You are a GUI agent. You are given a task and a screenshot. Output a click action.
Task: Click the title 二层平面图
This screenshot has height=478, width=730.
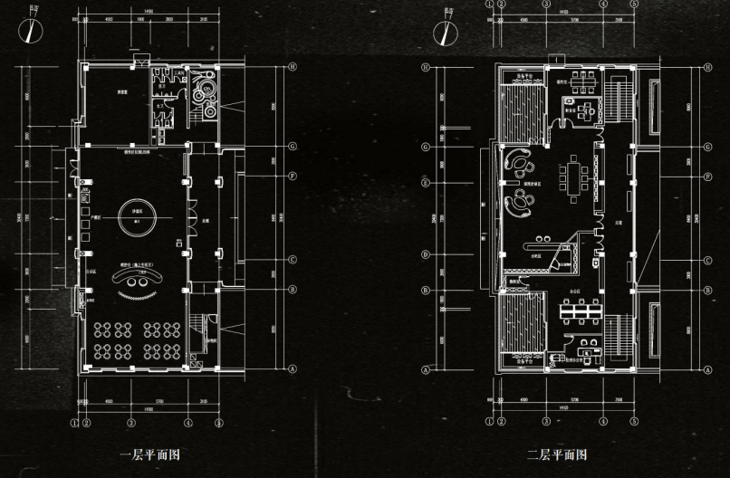(x=556, y=454)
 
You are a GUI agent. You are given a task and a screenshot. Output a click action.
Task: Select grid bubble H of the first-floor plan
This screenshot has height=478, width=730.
(x=293, y=67)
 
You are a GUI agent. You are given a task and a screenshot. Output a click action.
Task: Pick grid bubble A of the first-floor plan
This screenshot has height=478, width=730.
(x=293, y=368)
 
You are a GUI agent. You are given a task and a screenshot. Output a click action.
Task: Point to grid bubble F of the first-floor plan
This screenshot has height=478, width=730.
(x=293, y=175)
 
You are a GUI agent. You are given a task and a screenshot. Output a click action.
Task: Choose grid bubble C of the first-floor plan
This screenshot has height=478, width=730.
(x=293, y=259)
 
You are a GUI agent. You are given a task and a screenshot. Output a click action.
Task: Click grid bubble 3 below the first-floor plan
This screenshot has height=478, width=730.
(x=131, y=422)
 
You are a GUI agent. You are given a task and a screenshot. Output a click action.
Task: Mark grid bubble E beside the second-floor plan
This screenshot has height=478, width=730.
(x=425, y=182)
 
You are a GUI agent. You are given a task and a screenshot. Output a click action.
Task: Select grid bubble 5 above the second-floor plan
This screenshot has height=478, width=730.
(x=635, y=4)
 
